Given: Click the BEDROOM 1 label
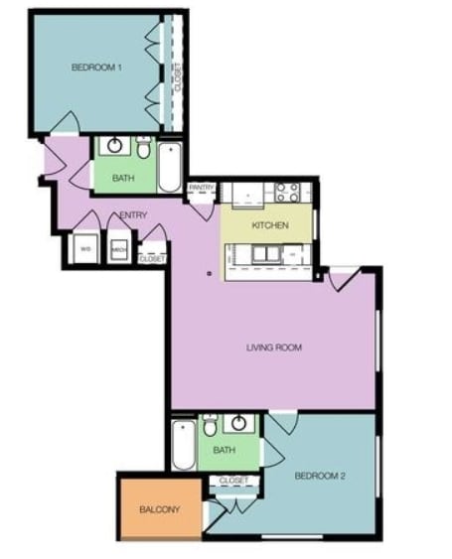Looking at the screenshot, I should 96,68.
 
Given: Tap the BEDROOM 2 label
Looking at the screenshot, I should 320,476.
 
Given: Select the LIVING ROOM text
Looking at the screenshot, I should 273,348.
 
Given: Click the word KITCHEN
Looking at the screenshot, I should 269,225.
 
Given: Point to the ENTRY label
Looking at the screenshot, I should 133,215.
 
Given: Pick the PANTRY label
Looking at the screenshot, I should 202,187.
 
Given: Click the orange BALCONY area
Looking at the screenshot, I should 159,509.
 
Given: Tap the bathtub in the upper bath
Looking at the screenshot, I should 170,169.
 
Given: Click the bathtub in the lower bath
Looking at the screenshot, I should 183,446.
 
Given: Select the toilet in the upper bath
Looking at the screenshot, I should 144,150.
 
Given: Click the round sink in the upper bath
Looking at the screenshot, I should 115,147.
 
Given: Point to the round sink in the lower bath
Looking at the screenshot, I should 238,423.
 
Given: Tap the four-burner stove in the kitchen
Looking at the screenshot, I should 287,192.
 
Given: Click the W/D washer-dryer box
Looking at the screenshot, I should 86,248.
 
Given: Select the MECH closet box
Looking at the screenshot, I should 118,248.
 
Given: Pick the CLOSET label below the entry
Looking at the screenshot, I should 152,258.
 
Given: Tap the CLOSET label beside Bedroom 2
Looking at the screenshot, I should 233,481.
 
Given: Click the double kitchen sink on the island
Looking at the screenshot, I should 265,255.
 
